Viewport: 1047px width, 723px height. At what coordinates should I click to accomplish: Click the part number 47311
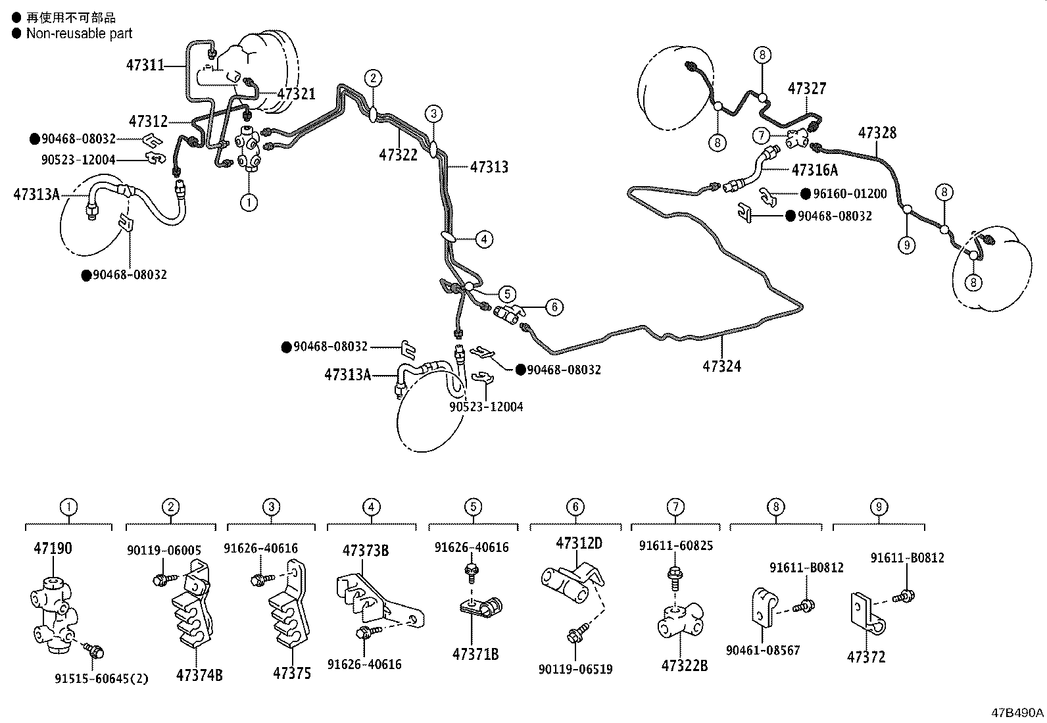click(145, 65)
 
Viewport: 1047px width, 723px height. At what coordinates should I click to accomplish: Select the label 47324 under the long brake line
click(721, 366)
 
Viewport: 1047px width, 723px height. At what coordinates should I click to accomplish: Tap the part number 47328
click(877, 134)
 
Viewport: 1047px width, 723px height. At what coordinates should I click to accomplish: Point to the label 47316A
click(814, 170)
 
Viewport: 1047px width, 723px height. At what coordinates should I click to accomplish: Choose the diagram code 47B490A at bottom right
click(1018, 712)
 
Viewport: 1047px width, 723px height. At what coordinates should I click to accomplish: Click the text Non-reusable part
click(79, 34)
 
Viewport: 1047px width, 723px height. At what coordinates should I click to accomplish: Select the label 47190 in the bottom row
click(53, 549)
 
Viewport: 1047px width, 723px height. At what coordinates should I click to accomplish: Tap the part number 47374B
click(199, 675)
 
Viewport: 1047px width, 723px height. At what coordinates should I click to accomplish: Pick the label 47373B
click(365, 551)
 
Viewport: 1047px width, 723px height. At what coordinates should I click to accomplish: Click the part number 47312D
click(579, 543)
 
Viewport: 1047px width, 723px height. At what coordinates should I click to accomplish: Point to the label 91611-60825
click(675, 545)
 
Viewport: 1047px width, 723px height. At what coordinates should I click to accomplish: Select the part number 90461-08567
click(763, 651)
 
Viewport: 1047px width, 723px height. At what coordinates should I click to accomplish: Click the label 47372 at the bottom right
click(866, 657)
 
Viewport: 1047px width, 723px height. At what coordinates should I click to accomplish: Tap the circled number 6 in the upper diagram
click(554, 307)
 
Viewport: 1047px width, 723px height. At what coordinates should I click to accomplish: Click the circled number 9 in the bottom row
click(879, 507)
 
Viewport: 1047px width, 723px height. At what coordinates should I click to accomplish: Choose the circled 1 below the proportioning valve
click(249, 203)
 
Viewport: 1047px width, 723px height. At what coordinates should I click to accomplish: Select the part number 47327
click(807, 89)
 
